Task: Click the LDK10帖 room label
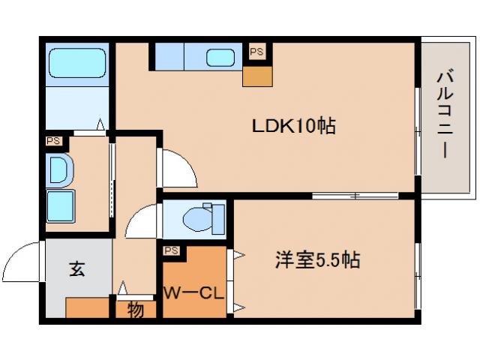coord(292,125)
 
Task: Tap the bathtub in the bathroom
coord(76,64)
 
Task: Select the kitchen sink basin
coord(220,58)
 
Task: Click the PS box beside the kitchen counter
coord(256,52)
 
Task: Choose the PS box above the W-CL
coord(171,250)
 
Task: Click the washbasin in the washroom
coord(58,169)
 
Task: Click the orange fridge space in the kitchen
coord(256,76)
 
